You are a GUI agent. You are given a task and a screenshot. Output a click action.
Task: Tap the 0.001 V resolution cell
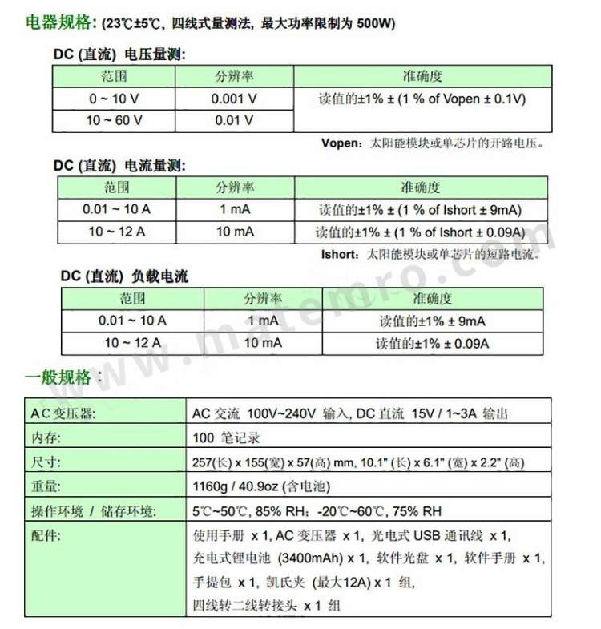(x=234, y=99)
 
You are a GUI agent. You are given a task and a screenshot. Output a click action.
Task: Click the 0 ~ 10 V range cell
(x=115, y=99)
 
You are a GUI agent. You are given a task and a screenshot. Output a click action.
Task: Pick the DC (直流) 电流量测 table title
(x=120, y=166)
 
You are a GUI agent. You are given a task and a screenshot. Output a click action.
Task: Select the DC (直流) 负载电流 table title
(x=125, y=276)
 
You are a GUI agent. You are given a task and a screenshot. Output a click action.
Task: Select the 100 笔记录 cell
(x=227, y=438)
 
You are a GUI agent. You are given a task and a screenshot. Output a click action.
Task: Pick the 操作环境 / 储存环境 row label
(x=93, y=511)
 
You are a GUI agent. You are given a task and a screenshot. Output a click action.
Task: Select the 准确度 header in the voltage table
(x=422, y=77)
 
